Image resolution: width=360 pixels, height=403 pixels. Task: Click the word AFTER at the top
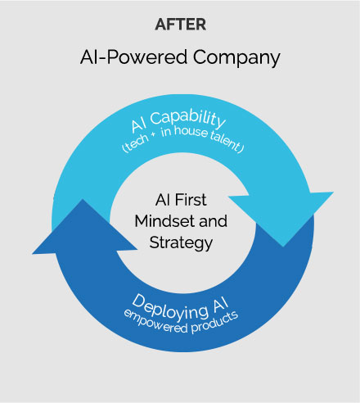pyautogui.click(x=180, y=25)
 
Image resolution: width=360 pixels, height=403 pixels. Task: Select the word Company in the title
pyautogui.click(x=236, y=58)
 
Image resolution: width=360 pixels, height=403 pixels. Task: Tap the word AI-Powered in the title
pyautogui.click(x=133, y=57)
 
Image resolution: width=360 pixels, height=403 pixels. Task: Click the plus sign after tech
pyautogui.click(x=154, y=134)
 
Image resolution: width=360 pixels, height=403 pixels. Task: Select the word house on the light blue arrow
pyautogui.click(x=191, y=131)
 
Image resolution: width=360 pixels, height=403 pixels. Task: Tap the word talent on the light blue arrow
pyautogui.click(x=226, y=143)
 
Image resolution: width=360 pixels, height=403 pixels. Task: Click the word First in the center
pyautogui.click(x=191, y=200)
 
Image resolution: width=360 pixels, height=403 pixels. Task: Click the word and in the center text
pyautogui.click(x=213, y=221)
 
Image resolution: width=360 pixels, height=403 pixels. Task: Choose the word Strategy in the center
pyautogui.click(x=181, y=243)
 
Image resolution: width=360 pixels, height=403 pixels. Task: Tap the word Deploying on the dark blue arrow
pyautogui.click(x=169, y=308)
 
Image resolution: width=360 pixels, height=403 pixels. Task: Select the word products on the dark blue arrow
pyautogui.click(x=214, y=323)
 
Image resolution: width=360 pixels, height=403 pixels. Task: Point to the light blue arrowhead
pyautogui.click(x=282, y=215)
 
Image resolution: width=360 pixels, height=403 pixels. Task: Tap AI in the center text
pyautogui.click(x=163, y=200)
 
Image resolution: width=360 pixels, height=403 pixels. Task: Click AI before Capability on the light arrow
pyautogui.click(x=139, y=125)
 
